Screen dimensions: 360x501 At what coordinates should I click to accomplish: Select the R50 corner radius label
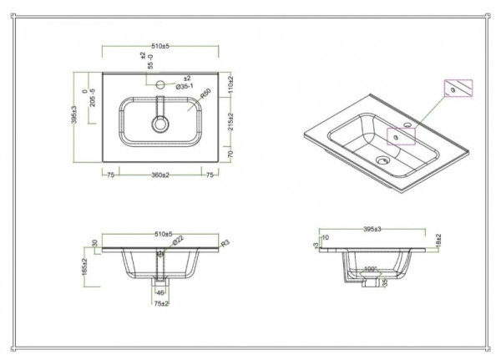tap(205, 94)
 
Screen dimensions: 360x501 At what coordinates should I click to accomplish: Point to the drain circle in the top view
tap(160, 124)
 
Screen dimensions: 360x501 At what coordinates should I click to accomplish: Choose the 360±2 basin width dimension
tap(160, 174)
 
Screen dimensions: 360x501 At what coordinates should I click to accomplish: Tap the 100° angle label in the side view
tap(371, 270)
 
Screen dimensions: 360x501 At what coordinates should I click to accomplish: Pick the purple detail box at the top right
tap(456, 89)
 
